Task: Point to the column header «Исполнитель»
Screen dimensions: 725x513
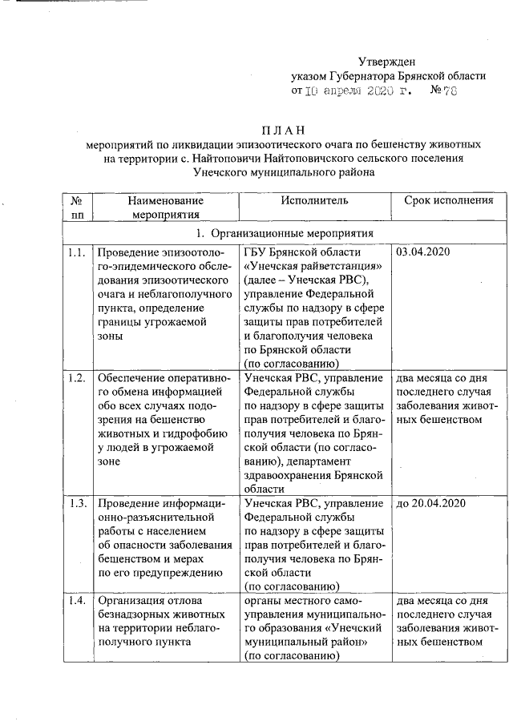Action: point(314,201)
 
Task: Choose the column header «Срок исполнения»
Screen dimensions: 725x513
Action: point(448,201)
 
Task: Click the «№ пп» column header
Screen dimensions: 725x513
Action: point(77,207)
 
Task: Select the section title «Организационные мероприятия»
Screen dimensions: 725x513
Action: point(292,233)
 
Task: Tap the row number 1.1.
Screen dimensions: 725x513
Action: point(77,252)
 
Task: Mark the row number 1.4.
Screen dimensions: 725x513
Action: point(77,600)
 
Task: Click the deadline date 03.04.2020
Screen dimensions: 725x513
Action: point(422,252)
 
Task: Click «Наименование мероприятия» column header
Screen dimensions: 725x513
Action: point(167,207)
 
